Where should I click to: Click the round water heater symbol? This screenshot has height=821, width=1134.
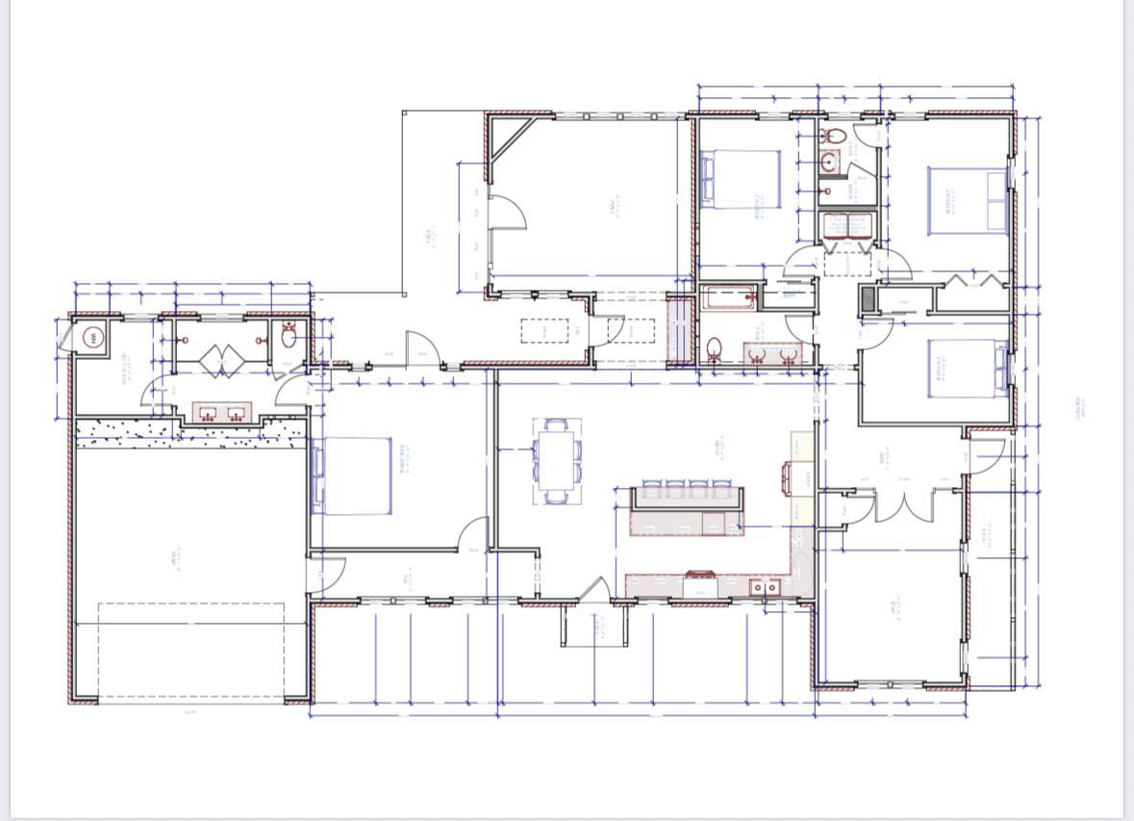(x=92, y=338)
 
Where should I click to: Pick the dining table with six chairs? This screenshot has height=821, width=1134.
(x=558, y=460)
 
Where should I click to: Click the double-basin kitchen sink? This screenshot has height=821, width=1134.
(x=766, y=587)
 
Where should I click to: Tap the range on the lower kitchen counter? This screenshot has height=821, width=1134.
(x=698, y=580)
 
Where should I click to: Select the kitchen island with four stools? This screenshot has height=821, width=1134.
(x=687, y=510)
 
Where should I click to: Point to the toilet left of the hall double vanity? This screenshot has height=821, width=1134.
(x=715, y=348)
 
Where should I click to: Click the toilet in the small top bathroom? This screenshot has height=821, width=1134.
(x=833, y=137)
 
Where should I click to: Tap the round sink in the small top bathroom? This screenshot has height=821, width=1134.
(x=829, y=163)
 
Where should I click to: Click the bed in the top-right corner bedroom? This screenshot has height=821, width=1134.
(x=967, y=201)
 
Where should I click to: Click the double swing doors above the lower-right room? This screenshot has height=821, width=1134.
(x=903, y=506)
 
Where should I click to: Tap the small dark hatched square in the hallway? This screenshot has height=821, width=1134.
(x=869, y=299)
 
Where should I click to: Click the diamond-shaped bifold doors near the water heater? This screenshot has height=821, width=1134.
(x=222, y=361)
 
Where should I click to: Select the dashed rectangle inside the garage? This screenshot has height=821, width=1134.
(x=191, y=651)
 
